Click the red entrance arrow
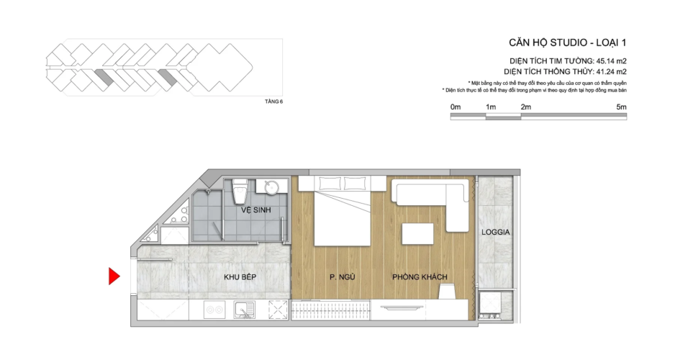point(114,276)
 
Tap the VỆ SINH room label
point(255,210)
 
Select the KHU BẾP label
point(240,277)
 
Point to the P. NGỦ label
point(343,277)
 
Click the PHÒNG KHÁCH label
point(420,277)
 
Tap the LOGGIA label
point(496,232)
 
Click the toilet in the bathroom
point(240,192)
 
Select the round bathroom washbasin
point(271,187)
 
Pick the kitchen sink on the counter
point(244,310)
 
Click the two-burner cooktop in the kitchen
point(214,310)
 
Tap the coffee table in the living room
point(417,235)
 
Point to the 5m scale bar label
point(621,107)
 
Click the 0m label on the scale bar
point(456,107)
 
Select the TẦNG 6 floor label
point(273,102)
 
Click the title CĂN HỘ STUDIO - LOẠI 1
point(567,42)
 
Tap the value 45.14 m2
point(611,61)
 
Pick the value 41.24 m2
point(611,72)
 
